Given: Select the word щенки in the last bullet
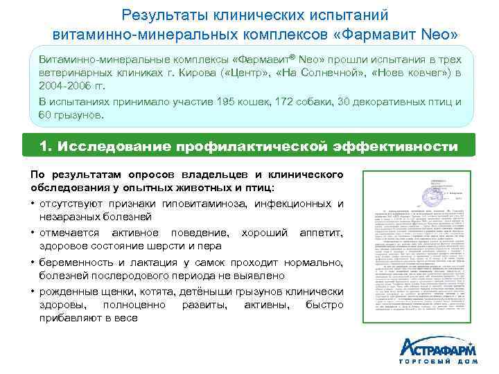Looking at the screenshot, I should click(114, 291).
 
